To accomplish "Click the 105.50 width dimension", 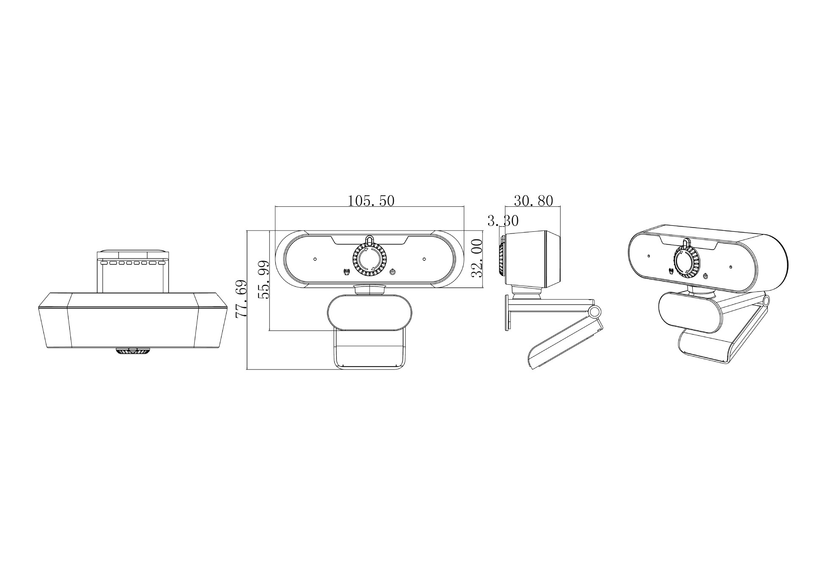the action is click(371, 200).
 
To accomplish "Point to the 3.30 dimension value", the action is click(503, 221).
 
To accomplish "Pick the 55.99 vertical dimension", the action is click(264, 280).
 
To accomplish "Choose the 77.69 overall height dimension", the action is click(241, 299).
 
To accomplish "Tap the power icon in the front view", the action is click(393, 272).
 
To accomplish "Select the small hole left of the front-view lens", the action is click(315, 259).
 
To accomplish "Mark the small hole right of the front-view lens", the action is click(424, 259).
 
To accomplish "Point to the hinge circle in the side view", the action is click(595, 312).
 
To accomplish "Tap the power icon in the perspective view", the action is click(705, 277).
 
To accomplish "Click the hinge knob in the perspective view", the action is click(766, 300).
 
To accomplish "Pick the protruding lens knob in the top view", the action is click(133, 351).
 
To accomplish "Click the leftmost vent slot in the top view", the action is click(103, 263).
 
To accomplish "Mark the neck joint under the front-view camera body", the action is click(369, 289).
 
